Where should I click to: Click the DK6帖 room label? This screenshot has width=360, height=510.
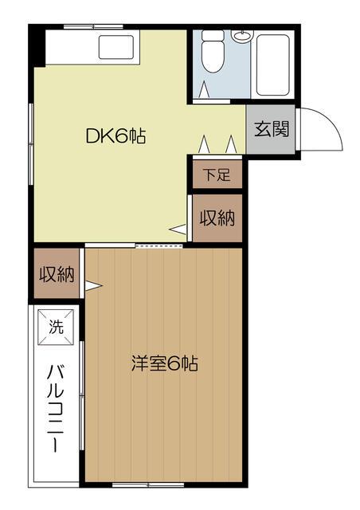point(115,135)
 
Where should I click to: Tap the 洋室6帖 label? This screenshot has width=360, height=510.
point(164,364)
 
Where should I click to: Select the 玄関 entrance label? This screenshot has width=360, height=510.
point(272,128)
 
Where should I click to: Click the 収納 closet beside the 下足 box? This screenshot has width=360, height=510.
point(216,218)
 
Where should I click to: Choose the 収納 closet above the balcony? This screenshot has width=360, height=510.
point(57,274)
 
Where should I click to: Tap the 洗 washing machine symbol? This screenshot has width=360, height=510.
point(56,327)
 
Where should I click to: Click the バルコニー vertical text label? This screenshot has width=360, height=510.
point(56,406)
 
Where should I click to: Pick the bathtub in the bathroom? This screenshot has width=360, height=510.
point(276,64)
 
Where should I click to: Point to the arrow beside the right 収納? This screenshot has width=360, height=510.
point(179,230)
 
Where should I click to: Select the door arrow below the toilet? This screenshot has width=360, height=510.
point(205,90)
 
